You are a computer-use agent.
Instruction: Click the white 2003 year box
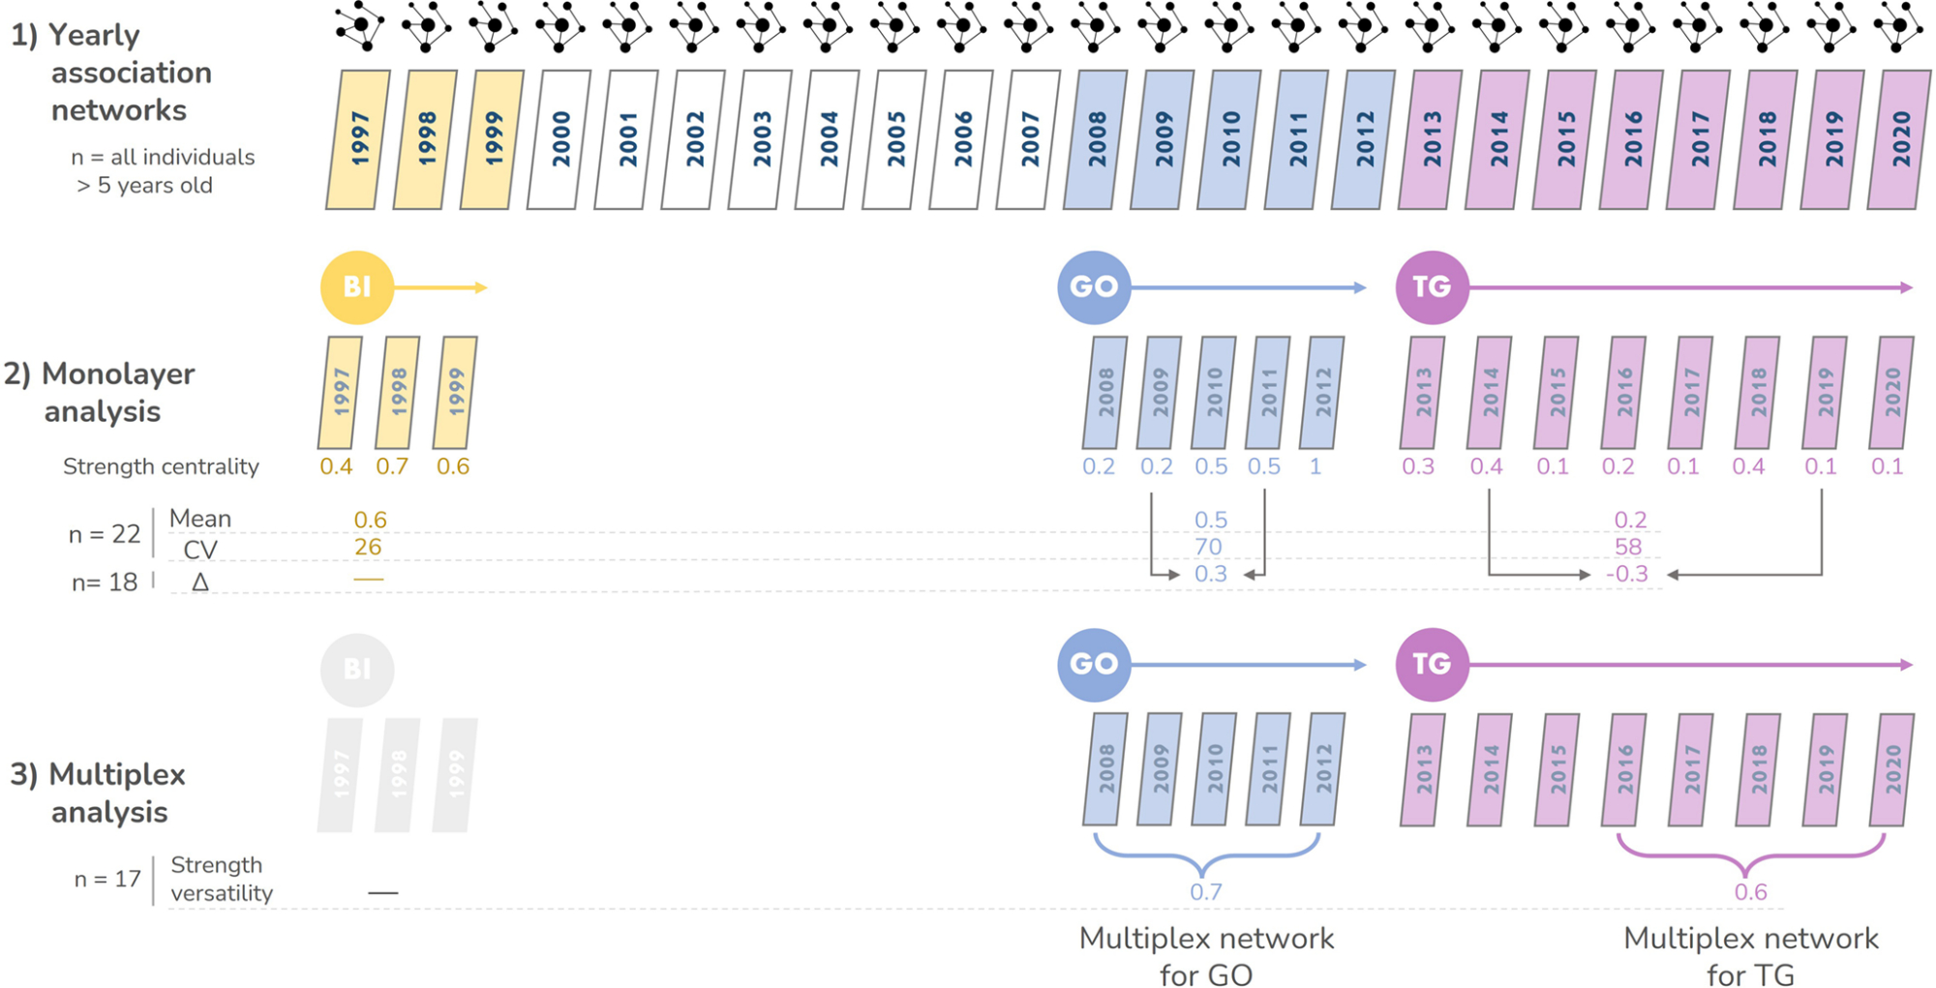760,139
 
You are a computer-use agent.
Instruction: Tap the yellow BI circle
357,287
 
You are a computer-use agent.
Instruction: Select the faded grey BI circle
357,670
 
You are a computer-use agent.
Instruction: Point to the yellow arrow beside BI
440,287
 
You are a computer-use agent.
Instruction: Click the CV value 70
1208,548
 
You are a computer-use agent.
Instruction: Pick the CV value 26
368,548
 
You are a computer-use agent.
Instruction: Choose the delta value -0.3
1627,575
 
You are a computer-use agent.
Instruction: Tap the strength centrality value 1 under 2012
1316,467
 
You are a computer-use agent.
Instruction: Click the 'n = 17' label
107,880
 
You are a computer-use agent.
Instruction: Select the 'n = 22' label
105,535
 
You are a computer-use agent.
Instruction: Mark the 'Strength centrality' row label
161,467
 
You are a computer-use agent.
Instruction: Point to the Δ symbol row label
200,583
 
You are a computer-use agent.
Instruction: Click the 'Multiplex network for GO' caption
1206,956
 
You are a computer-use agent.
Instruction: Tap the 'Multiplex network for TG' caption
1750,956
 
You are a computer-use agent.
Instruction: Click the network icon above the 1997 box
359,26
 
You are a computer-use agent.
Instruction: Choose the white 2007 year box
1028,139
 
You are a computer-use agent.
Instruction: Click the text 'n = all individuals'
163,158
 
